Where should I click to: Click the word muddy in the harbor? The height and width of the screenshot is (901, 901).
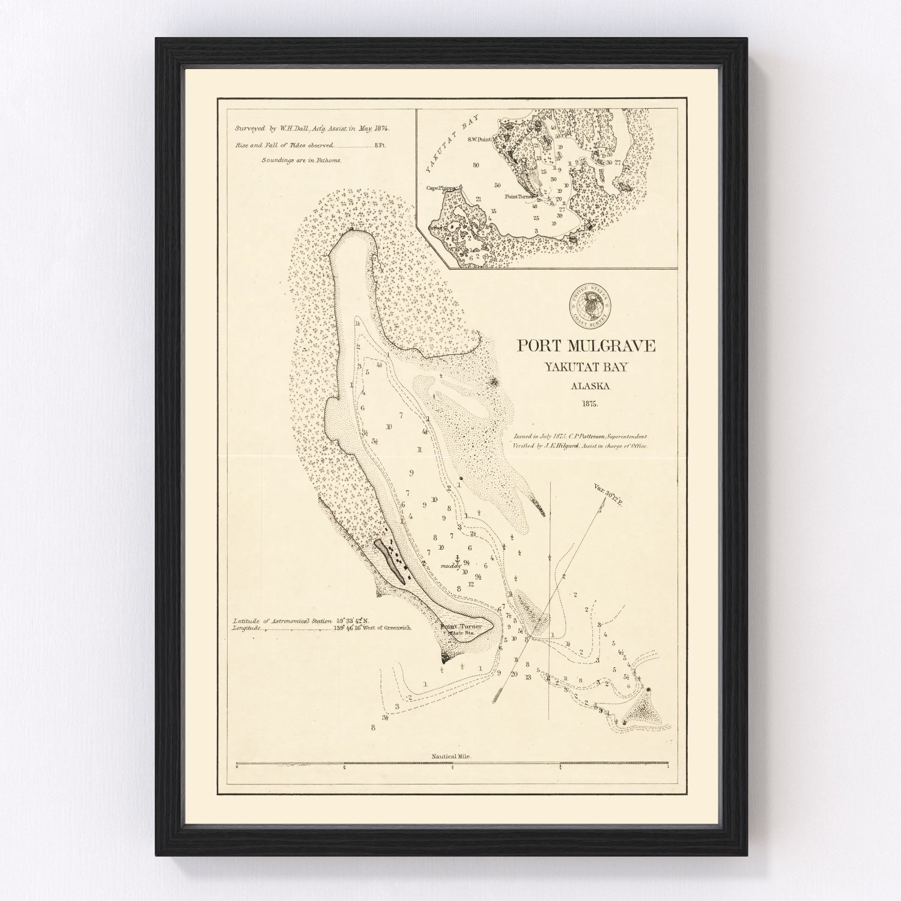[x=450, y=566]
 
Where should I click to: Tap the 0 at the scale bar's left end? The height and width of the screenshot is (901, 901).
[x=237, y=767]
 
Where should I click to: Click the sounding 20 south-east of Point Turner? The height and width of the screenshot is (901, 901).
[x=514, y=674]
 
